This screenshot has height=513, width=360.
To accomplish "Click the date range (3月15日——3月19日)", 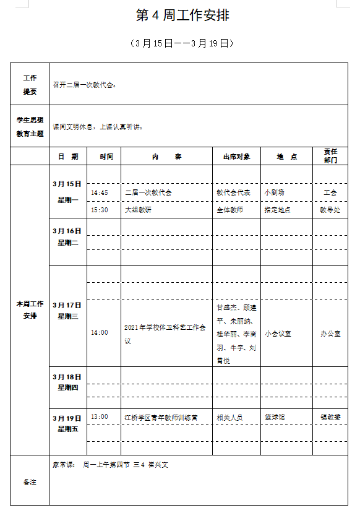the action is click(x=182, y=43).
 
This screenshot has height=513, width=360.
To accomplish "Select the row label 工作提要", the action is click(x=30, y=85).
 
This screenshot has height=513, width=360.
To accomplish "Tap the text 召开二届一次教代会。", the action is click(x=85, y=85).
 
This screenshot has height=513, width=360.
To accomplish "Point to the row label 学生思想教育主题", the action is click(x=30, y=126).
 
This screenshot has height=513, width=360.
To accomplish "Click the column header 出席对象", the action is click(x=236, y=157).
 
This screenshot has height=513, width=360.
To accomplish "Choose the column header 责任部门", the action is click(x=330, y=156).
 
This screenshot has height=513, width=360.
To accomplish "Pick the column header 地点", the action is click(x=286, y=157).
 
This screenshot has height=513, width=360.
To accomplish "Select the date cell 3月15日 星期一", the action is click(x=67, y=192).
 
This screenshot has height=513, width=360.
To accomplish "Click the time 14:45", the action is click(x=100, y=192).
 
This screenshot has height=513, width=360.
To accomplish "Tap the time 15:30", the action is click(x=100, y=210).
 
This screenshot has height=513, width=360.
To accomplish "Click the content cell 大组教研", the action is click(x=138, y=210).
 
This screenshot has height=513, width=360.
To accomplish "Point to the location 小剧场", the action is click(x=275, y=192).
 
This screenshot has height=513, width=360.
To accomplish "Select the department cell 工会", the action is click(x=330, y=192).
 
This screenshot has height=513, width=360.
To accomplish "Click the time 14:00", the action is click(x=100, y=333).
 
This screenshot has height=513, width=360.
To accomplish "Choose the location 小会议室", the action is click(x=278, y=334).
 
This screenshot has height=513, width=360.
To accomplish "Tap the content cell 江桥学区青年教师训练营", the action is click(x=161, y=417).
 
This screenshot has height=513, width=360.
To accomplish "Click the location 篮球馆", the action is click(x=275, y=417).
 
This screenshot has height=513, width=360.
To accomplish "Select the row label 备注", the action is click(x=30, y=481).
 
